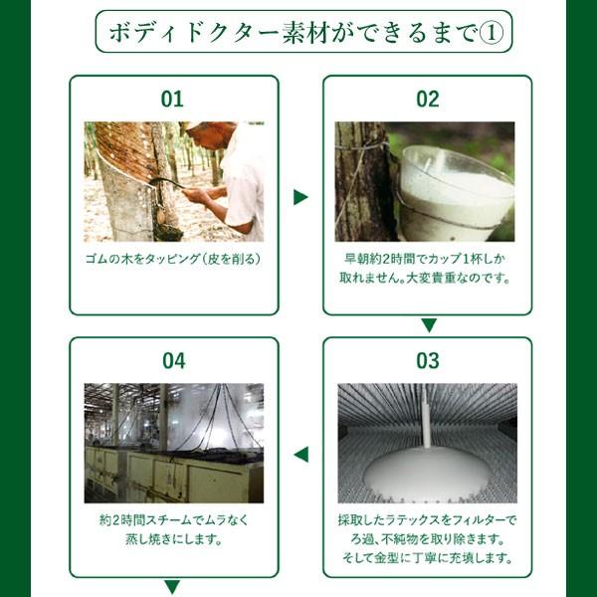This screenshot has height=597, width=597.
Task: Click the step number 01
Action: point(172,99)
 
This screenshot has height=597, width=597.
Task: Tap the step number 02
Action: point(428,99)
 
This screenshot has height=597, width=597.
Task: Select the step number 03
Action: point(428,361)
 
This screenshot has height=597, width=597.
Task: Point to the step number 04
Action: point(173,361)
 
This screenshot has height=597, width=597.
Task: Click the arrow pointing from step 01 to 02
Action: point(300,197)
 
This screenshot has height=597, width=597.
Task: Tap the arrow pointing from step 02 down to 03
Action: point(429,324)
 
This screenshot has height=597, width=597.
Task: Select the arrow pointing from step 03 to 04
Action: point(301,455)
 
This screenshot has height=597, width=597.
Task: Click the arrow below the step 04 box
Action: point(172,586)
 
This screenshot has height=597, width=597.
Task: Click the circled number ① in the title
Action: point(492,33)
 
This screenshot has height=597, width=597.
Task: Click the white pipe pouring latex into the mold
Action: point(427,416)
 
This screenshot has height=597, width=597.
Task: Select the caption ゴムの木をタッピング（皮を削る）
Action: point(173,259)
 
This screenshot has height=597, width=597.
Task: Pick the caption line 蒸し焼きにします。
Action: point(173,539)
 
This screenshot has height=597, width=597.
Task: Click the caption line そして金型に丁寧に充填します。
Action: point(428,558)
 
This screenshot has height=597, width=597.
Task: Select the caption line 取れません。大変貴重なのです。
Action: point(425,278)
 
